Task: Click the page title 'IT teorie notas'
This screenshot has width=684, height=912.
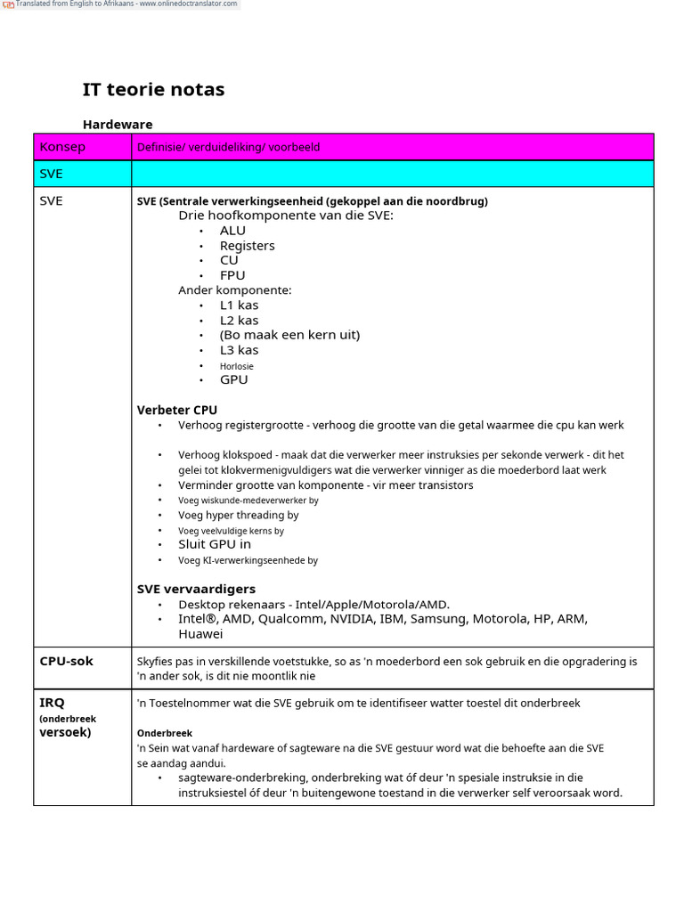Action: click(x=153, y=89)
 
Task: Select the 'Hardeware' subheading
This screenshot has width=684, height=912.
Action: click(x=118, y=125)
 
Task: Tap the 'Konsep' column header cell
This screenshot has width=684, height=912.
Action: click(x=62, y=147)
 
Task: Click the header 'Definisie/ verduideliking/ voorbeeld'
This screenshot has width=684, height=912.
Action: click(x=228, y=147)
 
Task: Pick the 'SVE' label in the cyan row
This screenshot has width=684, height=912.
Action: click(x=52, y=174)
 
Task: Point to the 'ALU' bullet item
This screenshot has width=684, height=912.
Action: click(x=232, y=231)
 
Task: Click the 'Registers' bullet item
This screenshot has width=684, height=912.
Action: click(x=247, y=246)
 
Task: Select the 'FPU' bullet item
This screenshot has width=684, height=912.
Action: click(x=232, y=275)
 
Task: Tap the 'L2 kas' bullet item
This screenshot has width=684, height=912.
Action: click(x=239, y=321)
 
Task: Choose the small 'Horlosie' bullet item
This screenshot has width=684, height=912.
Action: click(x=237, y=366)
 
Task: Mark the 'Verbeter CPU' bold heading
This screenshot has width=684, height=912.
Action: click(x=176, y=411)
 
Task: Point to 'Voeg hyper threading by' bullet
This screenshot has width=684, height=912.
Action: click(x=238, y=515)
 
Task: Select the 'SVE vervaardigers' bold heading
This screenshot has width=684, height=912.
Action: click(x=196, y=589)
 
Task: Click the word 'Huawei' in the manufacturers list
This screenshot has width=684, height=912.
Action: click(x=200, y=634)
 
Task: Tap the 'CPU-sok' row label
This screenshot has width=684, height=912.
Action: click(x=66, y=661)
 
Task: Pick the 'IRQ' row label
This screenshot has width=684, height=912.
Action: click(x=53, y=703)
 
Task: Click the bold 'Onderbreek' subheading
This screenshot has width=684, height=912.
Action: click(x=165, y=734)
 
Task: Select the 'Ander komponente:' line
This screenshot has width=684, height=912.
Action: click(x=234, y=290)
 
